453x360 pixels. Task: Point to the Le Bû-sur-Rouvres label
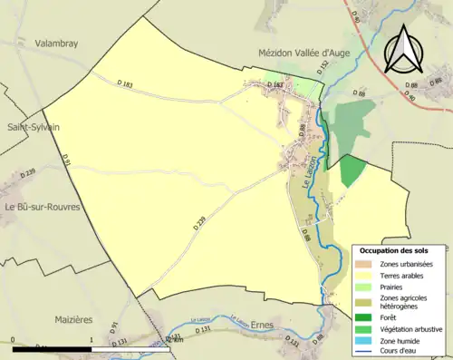coord(43,207)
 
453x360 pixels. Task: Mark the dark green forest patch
coord(352,170)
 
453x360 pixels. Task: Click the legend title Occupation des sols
coord(394,249)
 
